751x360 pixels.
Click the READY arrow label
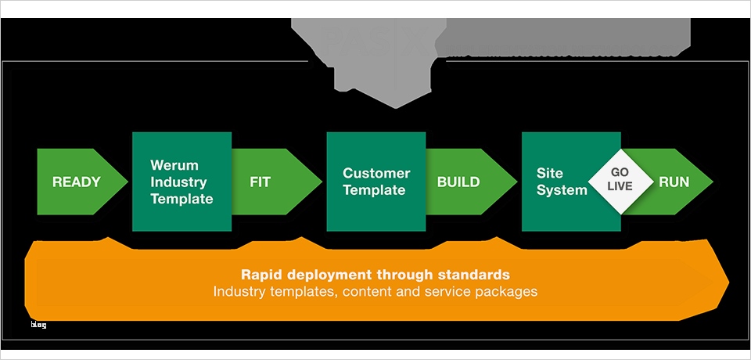pos(77,182)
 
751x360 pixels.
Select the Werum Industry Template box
pos(181,182)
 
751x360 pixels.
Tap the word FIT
pos(260,182)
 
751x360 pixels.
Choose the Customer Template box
pos(375,182)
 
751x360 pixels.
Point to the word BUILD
pos(458,182)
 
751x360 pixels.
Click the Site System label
pos(562,182)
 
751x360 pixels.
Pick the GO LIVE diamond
pos(620,182)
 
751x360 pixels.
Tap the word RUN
pos(674,182)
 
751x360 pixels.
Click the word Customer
pos(376,174)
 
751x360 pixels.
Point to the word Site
pos(550,174)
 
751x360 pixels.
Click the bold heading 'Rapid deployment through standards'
pos(375,275)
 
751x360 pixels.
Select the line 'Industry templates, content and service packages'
pos(375,292)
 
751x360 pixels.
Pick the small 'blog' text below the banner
pos(38,325)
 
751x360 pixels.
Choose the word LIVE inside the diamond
pos(620,188)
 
